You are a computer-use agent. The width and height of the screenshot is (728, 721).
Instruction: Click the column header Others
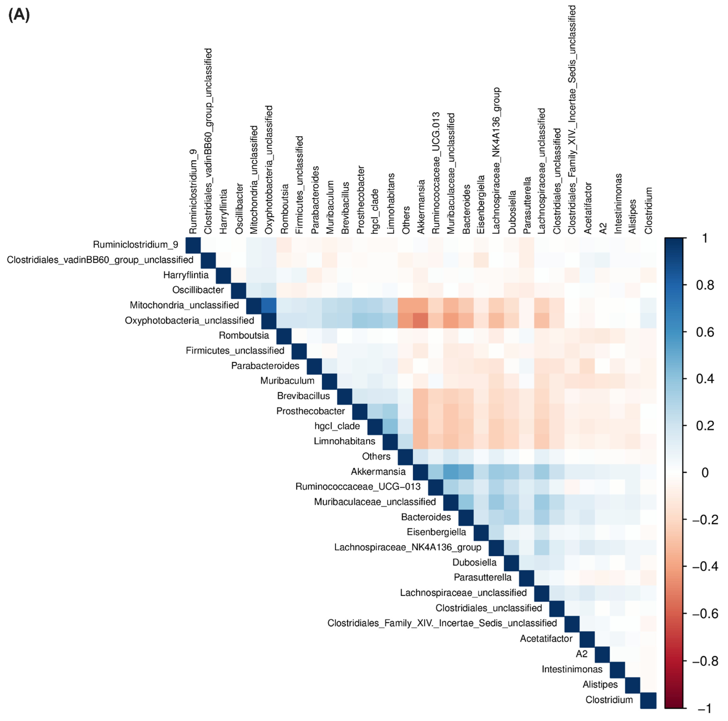(x=406, y=220)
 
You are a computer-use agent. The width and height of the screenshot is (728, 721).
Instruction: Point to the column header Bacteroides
(x=467, y=209)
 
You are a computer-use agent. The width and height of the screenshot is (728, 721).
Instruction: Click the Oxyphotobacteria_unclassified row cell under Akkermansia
(x=420, y=320)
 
